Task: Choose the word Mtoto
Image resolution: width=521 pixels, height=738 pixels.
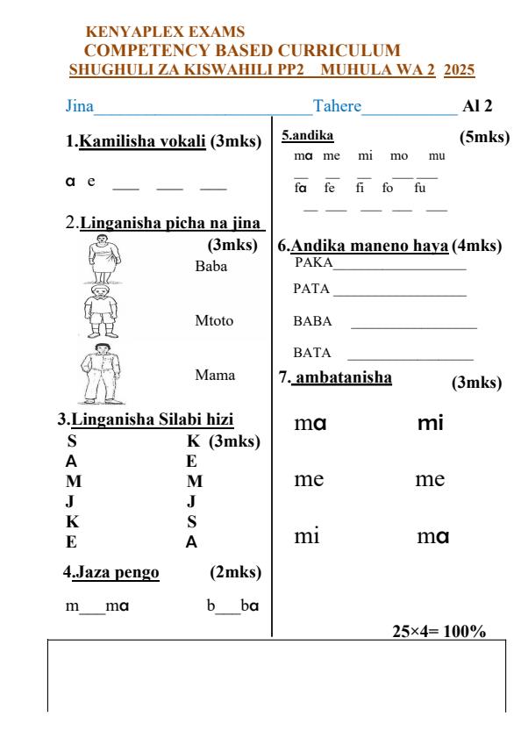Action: tap(214, 320)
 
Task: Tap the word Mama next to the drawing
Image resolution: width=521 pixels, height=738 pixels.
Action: tap(215, 375)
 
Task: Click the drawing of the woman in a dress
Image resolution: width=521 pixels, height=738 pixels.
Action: tap(104, 262)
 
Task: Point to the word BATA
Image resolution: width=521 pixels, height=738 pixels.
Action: tap(311, 353)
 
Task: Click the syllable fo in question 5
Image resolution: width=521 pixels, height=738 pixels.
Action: tap(388, 187)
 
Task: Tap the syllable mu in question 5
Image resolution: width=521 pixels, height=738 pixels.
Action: tap(436, 155)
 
